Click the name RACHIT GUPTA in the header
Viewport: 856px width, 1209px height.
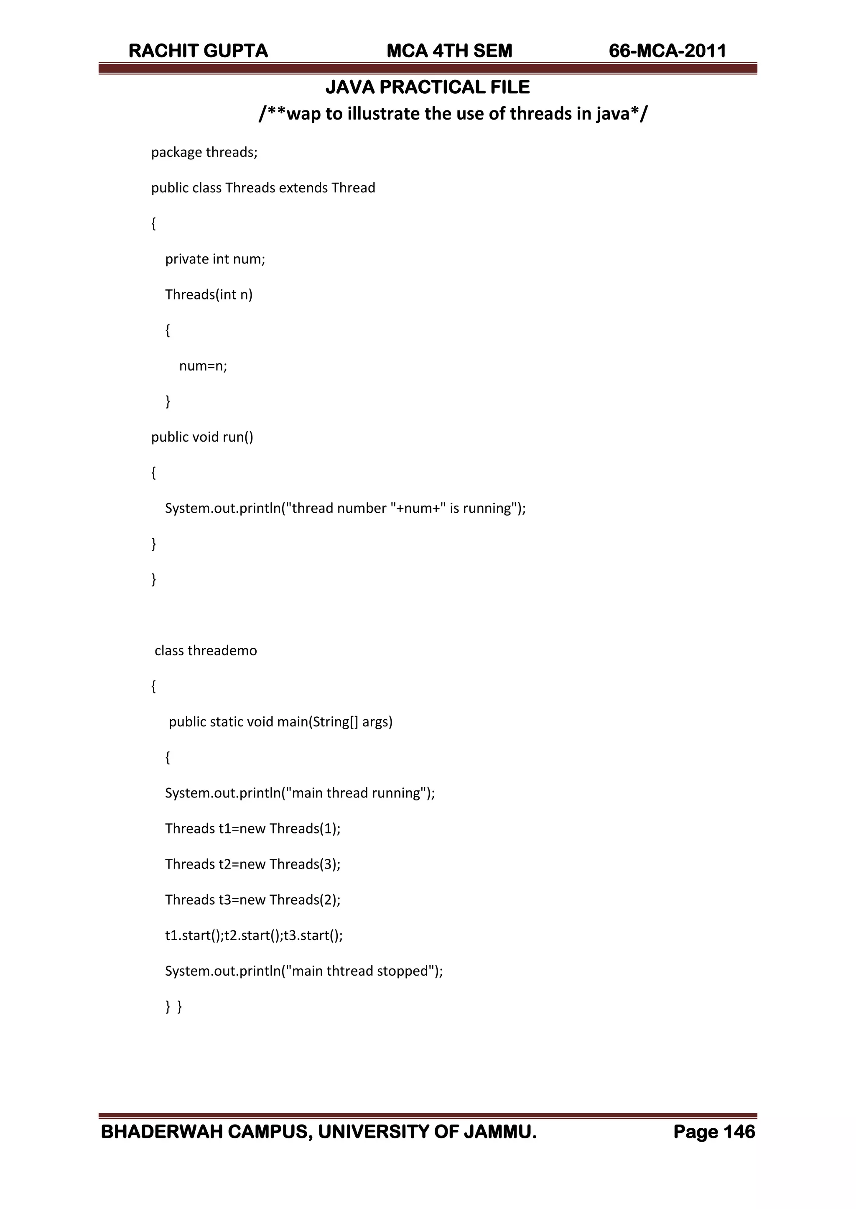(x=198, y=51)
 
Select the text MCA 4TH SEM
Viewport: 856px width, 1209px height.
(x=449, y=51)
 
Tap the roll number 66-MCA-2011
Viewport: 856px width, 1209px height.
(x=667, y=51)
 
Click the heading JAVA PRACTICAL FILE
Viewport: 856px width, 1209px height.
(x=428, y=87)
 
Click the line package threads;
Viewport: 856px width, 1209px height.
(x=204, y=152)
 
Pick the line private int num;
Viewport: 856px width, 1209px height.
(x=215, y=259)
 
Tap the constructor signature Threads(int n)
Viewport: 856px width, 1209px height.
(x=209, y=295)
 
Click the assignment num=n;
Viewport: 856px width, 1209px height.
(x=203, y=366)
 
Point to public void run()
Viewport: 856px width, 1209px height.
(x=202, y=437)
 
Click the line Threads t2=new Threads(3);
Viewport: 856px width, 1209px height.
(x=252, y=864)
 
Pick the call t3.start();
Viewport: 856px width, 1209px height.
(x=313, y=936)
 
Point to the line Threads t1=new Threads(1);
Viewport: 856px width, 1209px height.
(x=252, y=829)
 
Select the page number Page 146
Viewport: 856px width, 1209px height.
(x=714, y=1132)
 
